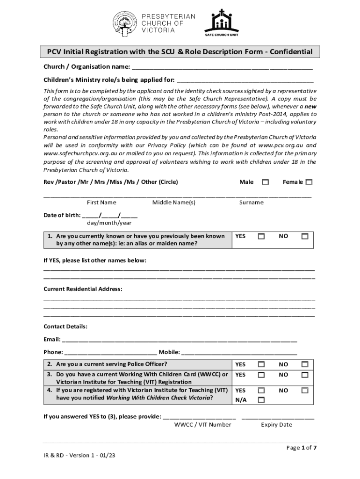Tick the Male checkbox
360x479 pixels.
coord(265,182)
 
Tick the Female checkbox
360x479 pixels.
coord(309,182)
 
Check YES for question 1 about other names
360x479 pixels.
coord(261,237)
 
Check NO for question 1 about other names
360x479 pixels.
coord(305,237)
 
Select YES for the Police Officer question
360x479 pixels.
coord(261,364)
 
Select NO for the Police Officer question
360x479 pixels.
coord(305,364)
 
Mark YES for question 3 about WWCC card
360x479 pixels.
coord(261,375)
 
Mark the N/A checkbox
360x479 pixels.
coord(261,400)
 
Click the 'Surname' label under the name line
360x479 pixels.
coord(252,203)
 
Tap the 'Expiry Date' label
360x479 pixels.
coord(276,425)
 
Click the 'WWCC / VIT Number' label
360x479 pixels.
coord(202,425)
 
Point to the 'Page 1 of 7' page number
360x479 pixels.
coord(302,448)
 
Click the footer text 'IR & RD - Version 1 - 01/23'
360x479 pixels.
coord(77,454)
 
